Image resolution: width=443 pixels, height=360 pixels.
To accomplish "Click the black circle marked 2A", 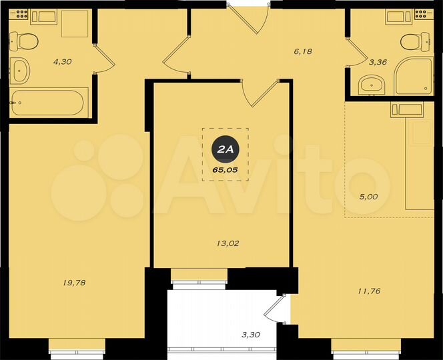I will pos(224,151).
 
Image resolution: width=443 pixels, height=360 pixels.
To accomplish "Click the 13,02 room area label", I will pos(228,243).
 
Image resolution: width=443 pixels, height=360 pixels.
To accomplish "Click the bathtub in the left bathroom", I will pos(47,104).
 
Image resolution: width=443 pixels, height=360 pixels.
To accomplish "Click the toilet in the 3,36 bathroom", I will pos(414,41).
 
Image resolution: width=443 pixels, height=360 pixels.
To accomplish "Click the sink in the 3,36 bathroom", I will pos(372,85).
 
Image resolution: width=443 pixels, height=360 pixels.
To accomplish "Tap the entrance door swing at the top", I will pos(250,19).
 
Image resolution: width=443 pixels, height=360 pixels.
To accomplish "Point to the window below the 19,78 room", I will pos(77,345).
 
